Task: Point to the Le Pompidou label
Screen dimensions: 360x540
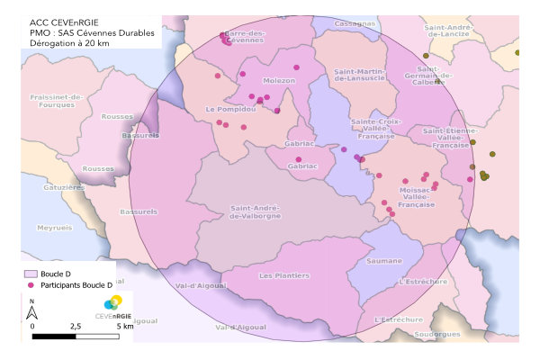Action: click(x=230, y=109)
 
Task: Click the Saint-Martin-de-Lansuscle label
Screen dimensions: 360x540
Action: click(x=360, y=75)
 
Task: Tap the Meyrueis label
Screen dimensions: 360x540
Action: click(x=53, y=229)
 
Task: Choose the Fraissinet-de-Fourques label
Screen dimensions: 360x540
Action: click(x=56, y=100)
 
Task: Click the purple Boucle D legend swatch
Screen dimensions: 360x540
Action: click(x=28, y=273)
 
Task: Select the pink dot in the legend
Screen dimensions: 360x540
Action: click(x=28, y=284)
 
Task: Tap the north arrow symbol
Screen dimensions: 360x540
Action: click(x=31, y=311)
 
